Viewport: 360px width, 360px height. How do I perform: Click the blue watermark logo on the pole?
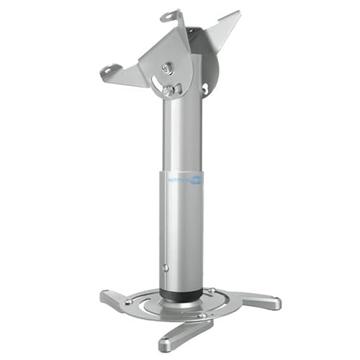pos(185,181)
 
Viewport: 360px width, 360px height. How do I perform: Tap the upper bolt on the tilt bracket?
pos(168,68)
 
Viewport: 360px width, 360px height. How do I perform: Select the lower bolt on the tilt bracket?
pos(167,91)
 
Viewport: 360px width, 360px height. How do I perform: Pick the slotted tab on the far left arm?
pos(109,70)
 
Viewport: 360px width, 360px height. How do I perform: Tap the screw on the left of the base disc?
pos(129,302)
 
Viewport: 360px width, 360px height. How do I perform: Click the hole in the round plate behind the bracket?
pos(205,90)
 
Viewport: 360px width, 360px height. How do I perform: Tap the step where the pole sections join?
pos(180,170)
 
